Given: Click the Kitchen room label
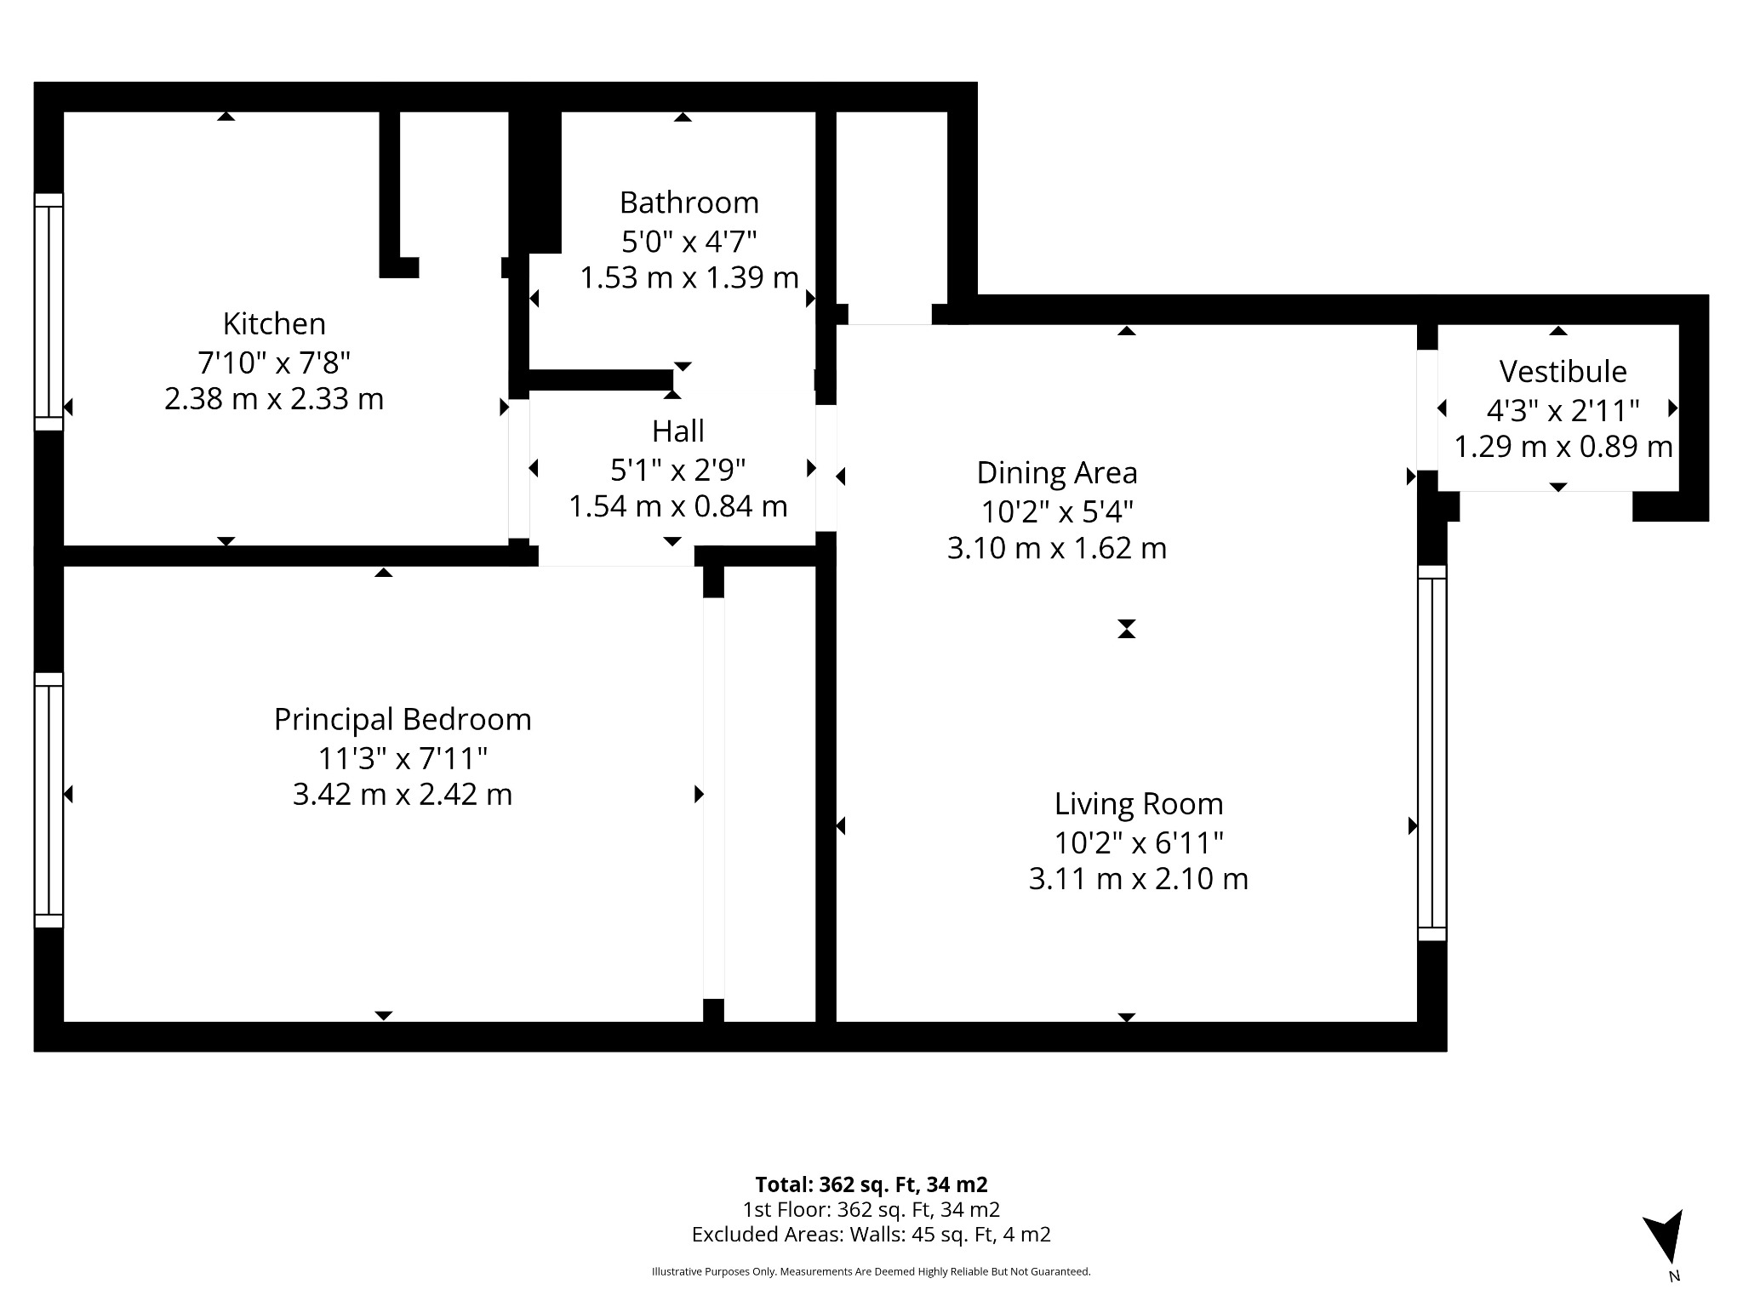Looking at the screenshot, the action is pos(274,323).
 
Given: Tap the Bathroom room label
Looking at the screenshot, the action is pos(689,203).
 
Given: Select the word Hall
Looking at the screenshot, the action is pos(677,431).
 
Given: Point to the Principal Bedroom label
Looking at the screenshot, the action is pos(403,720).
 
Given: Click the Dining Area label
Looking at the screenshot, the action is pos(1056,472).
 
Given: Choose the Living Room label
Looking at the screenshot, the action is pos(1139,804).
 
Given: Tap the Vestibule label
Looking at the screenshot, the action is pos(1563,372).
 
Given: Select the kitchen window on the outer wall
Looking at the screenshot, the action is pos(49,312).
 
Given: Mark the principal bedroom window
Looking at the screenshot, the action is pos(49,800).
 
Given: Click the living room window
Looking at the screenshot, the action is pos(1432,753).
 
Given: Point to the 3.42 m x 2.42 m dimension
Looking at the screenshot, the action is pos(403,795).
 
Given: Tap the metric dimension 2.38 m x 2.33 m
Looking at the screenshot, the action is pos(274,399).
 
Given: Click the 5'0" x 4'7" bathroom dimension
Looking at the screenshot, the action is pos(689,243).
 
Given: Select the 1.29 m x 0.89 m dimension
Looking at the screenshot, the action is pos(1563,447).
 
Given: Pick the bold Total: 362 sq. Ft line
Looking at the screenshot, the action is pos(871,1184).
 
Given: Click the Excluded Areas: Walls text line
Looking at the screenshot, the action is pos(871,1235).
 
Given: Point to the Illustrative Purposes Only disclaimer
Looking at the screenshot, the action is pos(871,1272).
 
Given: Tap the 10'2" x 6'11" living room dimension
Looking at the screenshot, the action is pos(1139,843).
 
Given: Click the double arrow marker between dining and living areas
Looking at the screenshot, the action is pos(1127,629).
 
